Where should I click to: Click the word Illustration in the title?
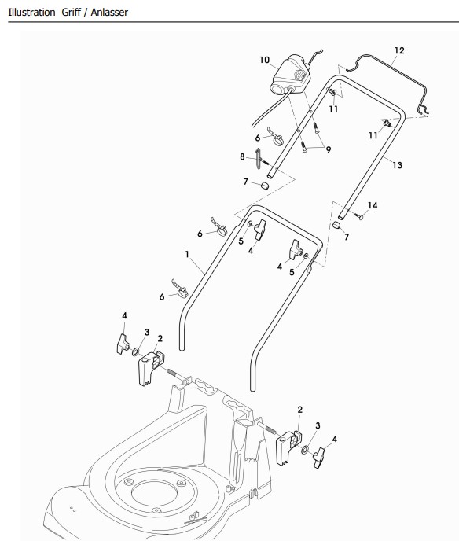tap(31, 13)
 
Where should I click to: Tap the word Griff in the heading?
tap(71, 13)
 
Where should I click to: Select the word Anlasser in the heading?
tap(109, 13)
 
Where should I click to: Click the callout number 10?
tap(265, 60)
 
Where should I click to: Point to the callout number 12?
tap(399, 50)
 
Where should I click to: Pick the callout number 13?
tap(397, 165)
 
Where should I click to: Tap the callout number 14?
tap(373, 206)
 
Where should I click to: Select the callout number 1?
tap(187, 254)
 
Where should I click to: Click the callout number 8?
tap(242, 157)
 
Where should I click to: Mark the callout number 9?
tap(329, 149)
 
